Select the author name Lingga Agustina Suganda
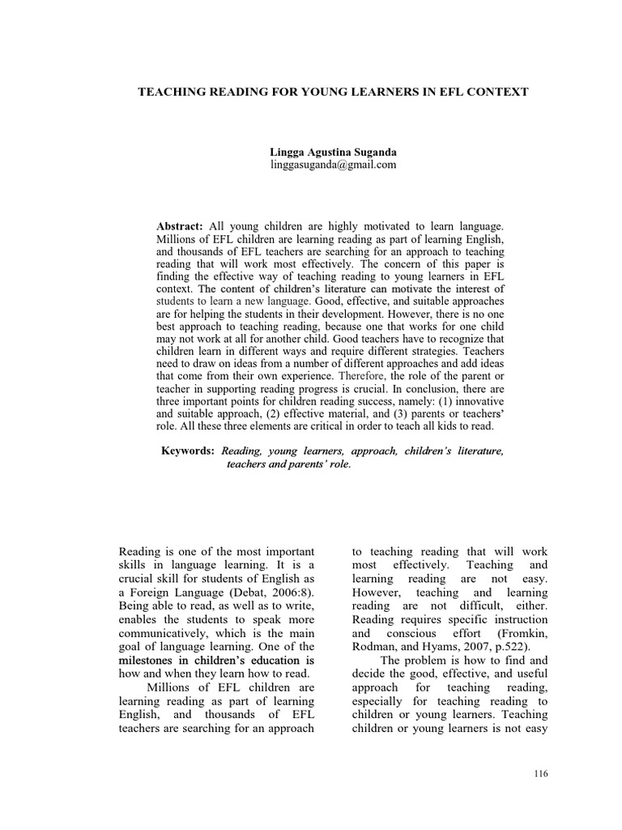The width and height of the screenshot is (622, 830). [333, 152]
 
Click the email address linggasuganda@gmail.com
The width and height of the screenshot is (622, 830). [333, 165]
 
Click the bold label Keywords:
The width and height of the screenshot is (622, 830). [188, 450]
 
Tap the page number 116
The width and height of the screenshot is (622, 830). [541, 774]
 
